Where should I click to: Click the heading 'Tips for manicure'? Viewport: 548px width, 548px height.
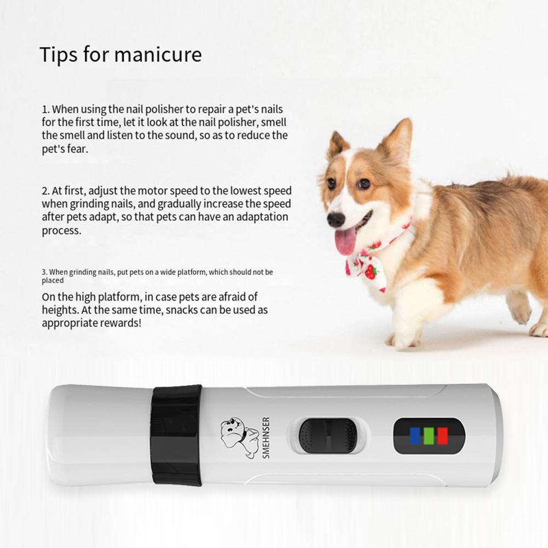[x=120, y=55]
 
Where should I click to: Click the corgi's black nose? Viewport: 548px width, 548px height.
[x=335, y=220]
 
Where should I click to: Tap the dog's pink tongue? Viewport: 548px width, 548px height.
[x=345, y=242]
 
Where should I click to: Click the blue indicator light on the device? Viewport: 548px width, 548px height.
[x=415, y=436]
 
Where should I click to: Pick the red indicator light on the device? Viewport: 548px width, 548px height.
[x=442, y=436]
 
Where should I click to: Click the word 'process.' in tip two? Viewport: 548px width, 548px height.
[x=61, y=230]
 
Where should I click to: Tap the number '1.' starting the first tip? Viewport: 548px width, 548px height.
[x=45, y=109]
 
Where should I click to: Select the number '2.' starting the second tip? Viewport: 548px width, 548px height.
[x=45, y=191]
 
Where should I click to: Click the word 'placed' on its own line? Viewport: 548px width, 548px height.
[x=53, y=280]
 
